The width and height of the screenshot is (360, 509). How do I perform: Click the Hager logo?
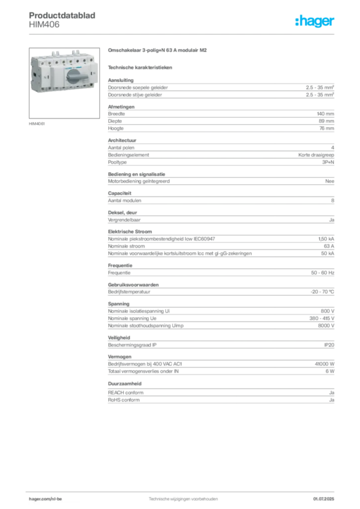click(x=314, y=21)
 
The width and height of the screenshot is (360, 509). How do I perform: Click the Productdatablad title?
click(x=62, y=15)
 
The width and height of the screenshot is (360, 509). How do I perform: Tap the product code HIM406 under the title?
click(x=44, y=25)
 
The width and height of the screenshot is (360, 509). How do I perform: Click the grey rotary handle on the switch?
click(x=77, y=77)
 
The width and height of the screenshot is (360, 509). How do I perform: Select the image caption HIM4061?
click(x=37, y=124)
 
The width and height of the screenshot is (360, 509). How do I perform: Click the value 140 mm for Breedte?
click(x=325, y=114)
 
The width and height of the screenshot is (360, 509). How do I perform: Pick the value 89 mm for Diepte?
click(x=326, y=121)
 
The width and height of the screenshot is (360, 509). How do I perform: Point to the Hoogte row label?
click(x=115, y=129)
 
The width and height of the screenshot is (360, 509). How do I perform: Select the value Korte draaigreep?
click(x=316, y=155)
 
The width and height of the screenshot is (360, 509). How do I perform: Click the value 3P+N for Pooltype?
click(x=328, y=163)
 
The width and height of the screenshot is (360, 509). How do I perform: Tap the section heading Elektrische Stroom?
click(x=130, y=232)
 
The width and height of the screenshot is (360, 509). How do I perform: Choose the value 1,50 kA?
click(x=326, y=239)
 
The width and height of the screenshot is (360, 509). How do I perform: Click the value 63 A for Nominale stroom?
click(x=329, y=246)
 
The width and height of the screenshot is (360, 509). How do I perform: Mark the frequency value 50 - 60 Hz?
click(x=322, y=273)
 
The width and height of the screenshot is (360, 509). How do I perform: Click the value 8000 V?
click(x=326, y=326)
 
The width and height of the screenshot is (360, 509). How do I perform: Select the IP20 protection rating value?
click(x=329, y=345)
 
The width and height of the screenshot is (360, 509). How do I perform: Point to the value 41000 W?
click(x=324, y=364)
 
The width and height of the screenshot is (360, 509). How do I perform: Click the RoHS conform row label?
click(x=124, y=400)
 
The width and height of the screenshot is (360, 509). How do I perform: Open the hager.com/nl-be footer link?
click(x=45, y=499)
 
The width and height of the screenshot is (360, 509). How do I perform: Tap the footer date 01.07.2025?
click(x=324, y=499)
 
